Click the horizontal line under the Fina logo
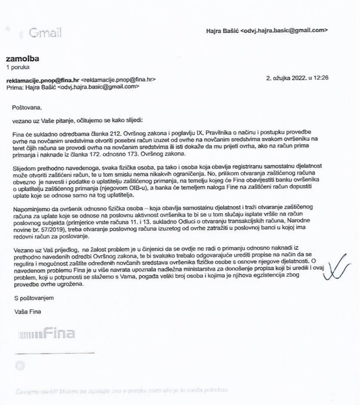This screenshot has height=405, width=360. pyautogui.click(x=55, y=352)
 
